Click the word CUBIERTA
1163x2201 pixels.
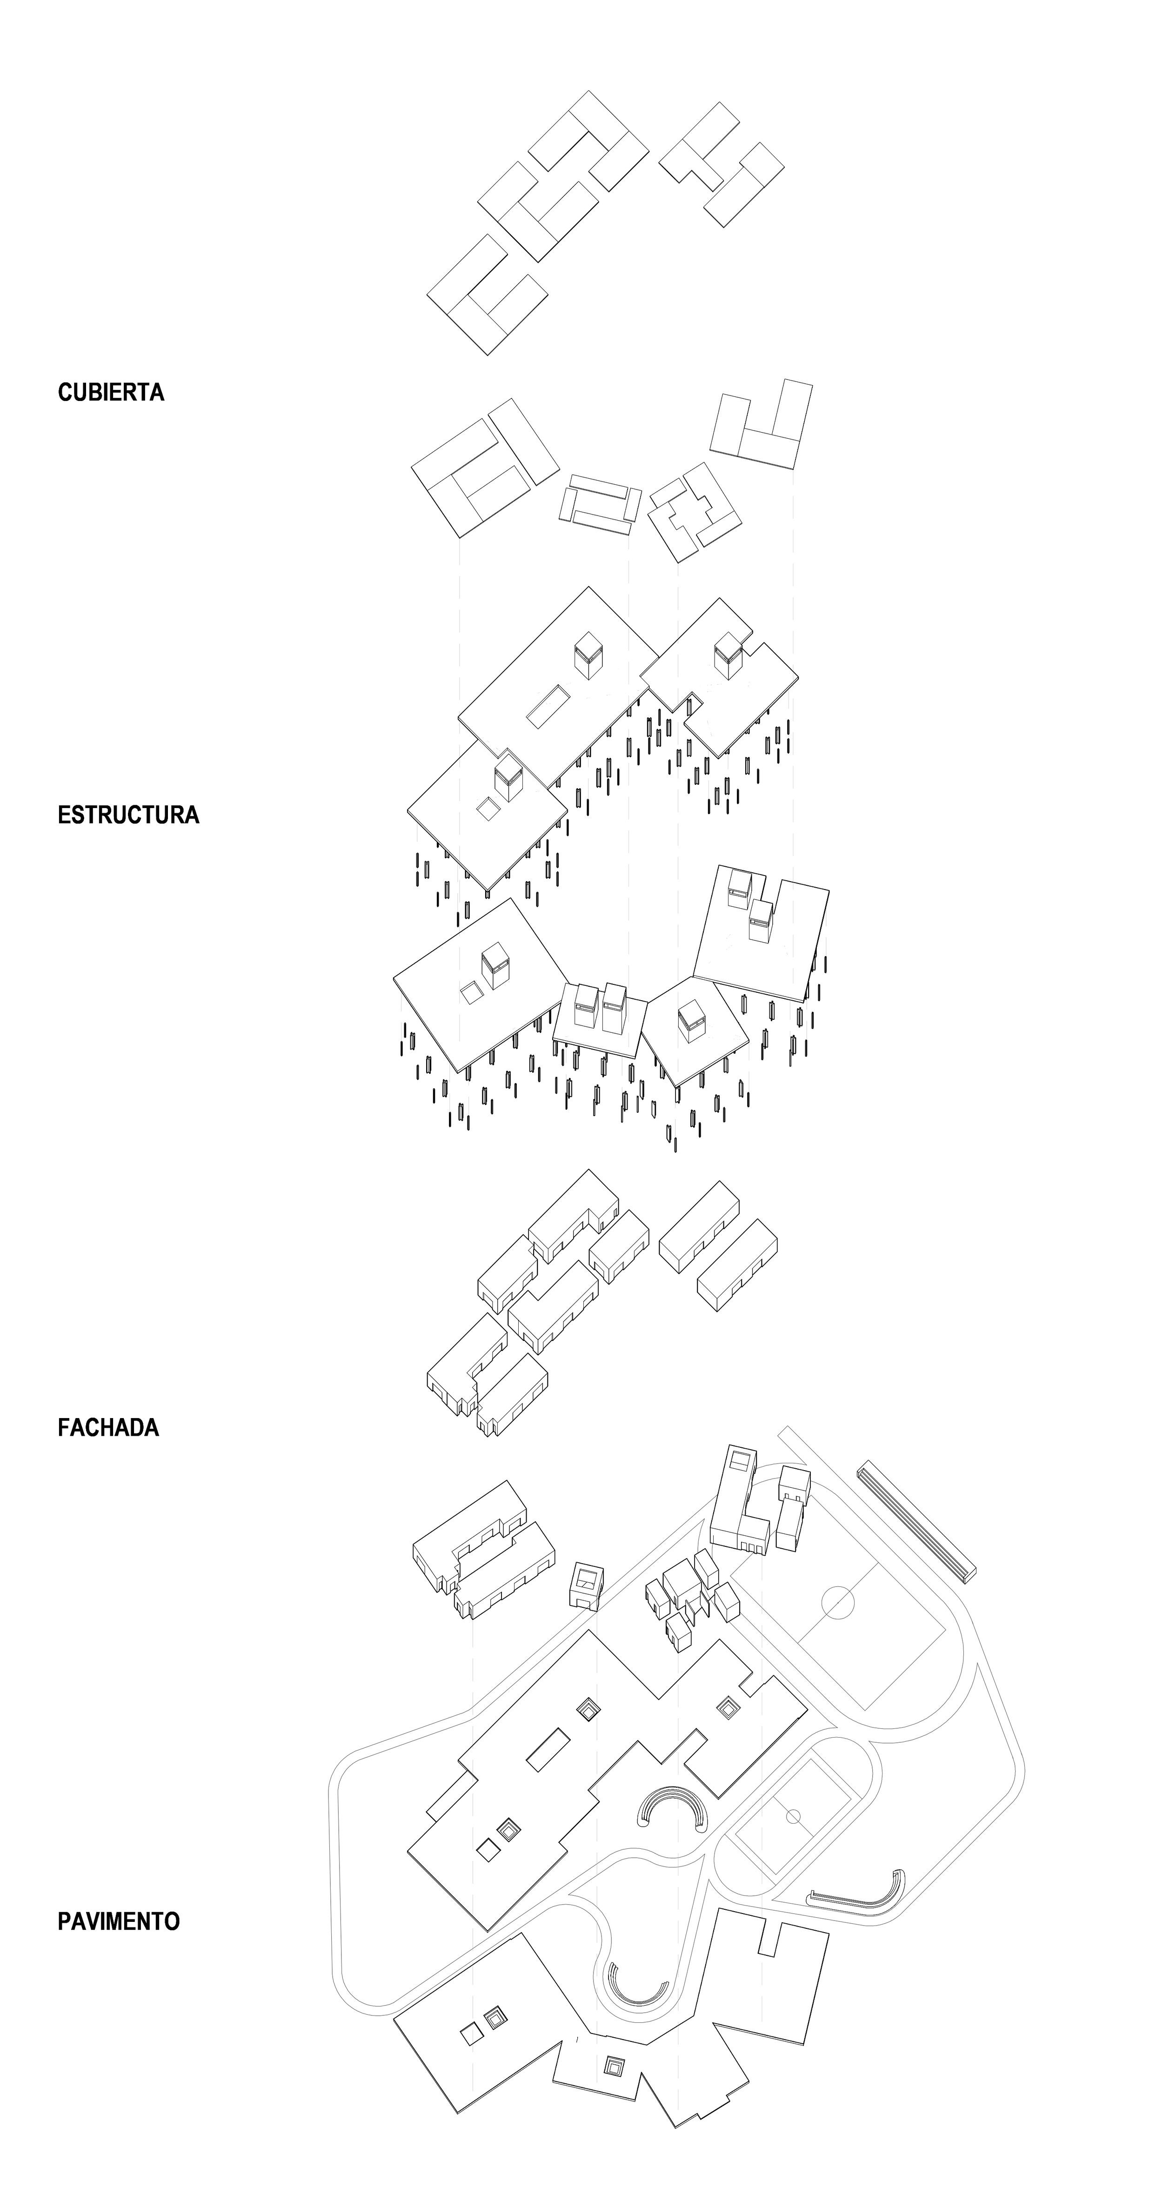pyautogui.click(x=111, y=392)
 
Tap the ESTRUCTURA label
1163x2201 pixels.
pyautogui.click(x=128, y=814)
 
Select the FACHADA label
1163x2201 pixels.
pyautogui.click(x=108, y=1428)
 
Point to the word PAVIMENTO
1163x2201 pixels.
pyautogui.click(x=119, y=1921)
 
